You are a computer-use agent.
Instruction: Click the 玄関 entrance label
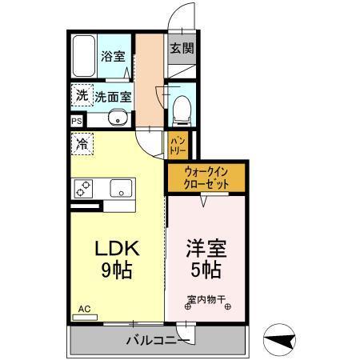(179, 47)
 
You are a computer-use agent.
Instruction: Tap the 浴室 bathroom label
(112, 57)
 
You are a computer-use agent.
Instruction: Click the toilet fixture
(180, 105)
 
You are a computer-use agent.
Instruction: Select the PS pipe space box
(76, 122)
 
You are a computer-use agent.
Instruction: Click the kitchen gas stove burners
(84, 189)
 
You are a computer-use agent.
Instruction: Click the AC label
(84, 308)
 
